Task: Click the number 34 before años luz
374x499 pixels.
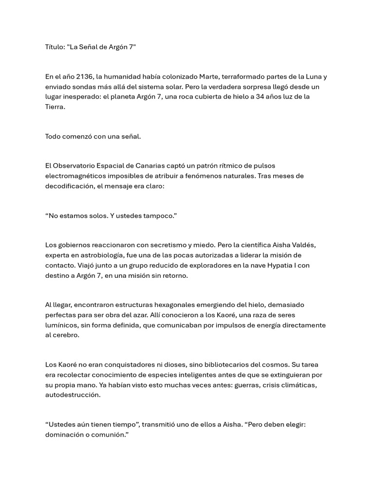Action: click(260, 96)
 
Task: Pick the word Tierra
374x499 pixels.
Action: click(55, 106)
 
